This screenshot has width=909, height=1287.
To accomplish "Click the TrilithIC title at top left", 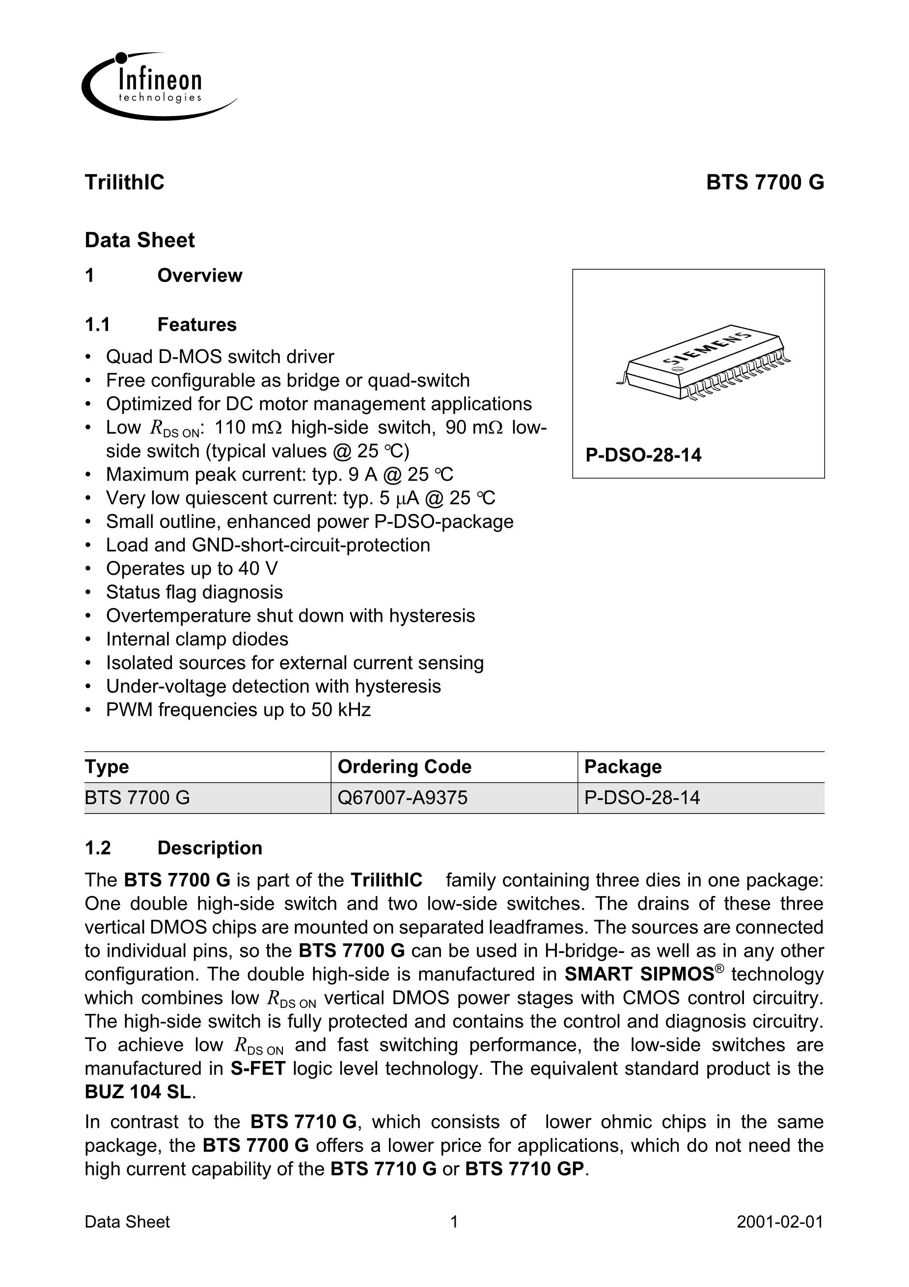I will pyautogui.click(x=124, y=183).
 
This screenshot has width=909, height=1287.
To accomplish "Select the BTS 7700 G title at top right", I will pyautogui.click(x=765, y=183).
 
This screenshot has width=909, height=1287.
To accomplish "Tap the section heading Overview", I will pyautogui.click(x=199, y=276).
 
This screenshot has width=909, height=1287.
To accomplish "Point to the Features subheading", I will pyautogui.click(x=197, y=325).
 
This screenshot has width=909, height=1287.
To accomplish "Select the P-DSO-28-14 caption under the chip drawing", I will pyautogui.click(x=643, y=454).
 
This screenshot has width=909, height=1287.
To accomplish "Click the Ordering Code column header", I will pyautogui.click(x=404, y=767).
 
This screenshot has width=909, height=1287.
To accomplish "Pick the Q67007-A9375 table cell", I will pyautogui.click(x=402, y=798).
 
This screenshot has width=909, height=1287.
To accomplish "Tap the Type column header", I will pyautogui.click(x=107, y=767).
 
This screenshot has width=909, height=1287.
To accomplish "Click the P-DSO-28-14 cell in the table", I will pyautogui.click(x=642, y=798).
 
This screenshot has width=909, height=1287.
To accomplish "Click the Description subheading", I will pyautogui.click(x=210, y=848).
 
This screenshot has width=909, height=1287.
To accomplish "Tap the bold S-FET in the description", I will pyautogui.click(x=258, y=1068).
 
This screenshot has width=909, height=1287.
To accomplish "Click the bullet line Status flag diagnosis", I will pyautogui.click(x=194, y=592).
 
